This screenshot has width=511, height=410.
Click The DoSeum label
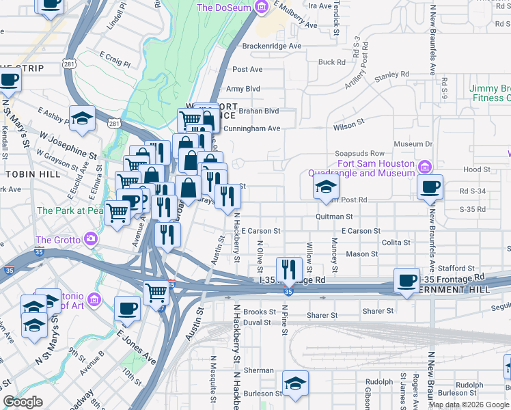coord(223,8)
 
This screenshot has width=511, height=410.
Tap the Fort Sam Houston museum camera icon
coord(424,167)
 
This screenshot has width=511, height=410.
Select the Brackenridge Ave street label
coord(272,46)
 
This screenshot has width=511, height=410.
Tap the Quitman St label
coord(333,216)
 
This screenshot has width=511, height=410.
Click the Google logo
coord(23,402)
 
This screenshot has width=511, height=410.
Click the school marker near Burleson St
coord(295,382)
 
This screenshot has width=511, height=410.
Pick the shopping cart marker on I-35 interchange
coord(156,292)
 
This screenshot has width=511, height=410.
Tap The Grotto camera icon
coord(90,239)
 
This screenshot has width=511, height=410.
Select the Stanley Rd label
coord(391,74)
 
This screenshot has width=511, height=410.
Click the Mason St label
coord(361,254)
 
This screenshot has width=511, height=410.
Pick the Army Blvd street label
coord(243,89)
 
